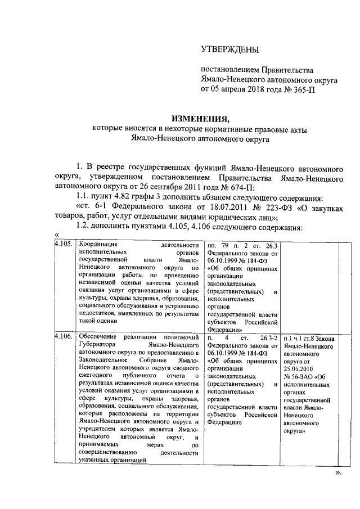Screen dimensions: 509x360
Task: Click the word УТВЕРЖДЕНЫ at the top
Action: point(230,49)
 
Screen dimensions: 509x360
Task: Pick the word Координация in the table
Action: point(97,245)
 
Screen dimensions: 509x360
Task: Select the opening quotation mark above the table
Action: point(57,236)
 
